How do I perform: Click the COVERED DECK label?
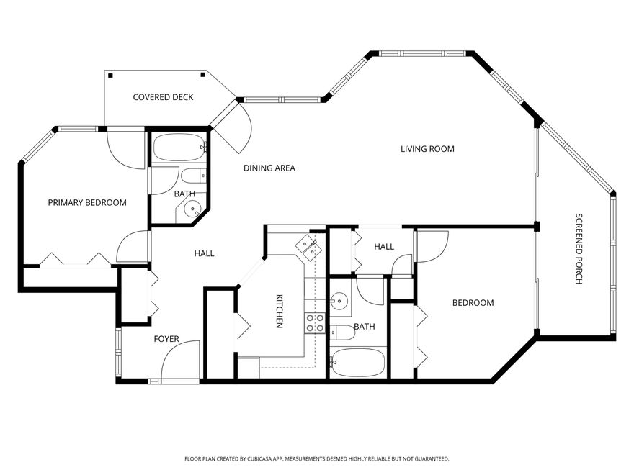point(163,97)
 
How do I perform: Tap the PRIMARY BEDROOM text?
point(87,203)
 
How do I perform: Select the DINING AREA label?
point(269,168)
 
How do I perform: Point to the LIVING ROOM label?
point(427,150)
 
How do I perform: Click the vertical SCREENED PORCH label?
point(578,249)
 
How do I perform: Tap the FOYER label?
point(166,339)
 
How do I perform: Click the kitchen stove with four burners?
point(314,322)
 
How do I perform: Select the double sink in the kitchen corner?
point(308,246)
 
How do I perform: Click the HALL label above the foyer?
point(204,253)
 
